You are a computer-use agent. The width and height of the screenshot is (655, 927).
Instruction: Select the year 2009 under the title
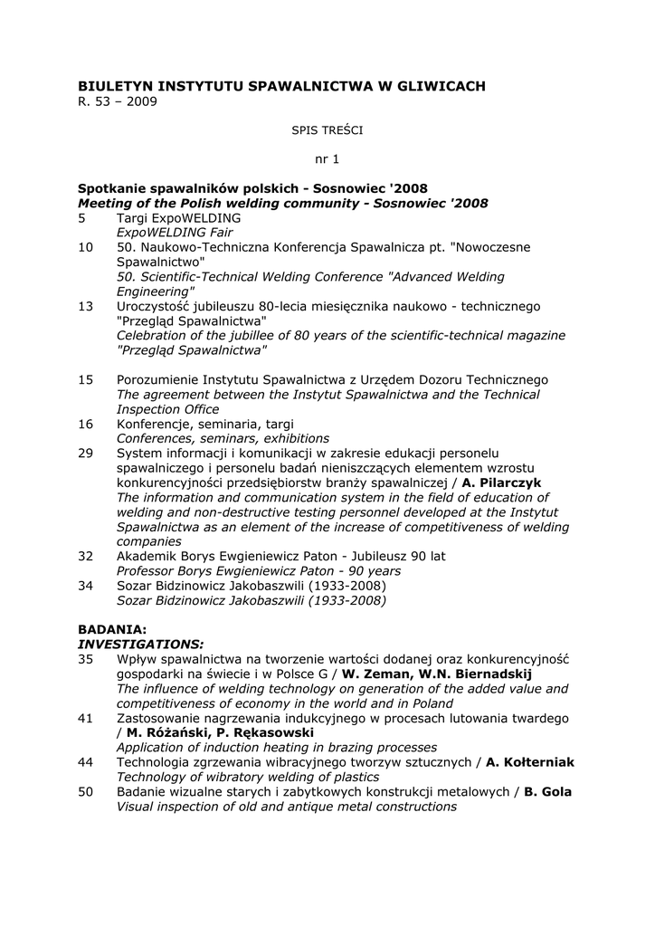tap(142, 101)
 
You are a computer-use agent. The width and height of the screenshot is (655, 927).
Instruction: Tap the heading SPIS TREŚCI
tap(327, 130)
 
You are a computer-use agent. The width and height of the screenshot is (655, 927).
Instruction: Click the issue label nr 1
tap(327, 159)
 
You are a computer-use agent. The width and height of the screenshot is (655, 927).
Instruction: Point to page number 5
tap(82, 218)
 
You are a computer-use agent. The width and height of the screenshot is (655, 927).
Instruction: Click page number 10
tap(86, 247)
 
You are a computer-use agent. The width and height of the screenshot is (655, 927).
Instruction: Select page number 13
tap(86, 307)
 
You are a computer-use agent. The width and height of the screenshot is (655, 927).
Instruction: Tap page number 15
tap(86, 379)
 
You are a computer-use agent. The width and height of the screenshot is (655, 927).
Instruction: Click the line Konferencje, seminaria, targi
tap(204, 424)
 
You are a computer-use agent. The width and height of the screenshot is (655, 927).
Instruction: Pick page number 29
tap(86, 453)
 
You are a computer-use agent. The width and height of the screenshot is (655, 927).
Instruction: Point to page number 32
tap(86, 556)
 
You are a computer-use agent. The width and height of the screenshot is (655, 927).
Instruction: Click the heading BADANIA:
tap(112, 628)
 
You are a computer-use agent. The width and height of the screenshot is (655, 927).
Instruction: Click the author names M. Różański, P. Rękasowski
tap(221, 732)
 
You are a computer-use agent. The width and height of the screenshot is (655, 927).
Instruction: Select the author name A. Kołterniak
tap(530, 762)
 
